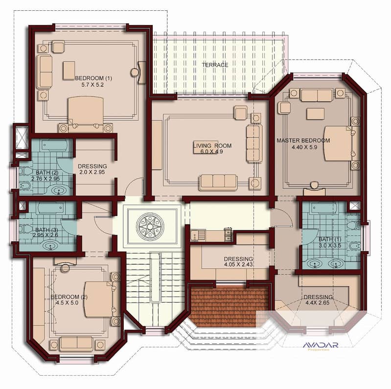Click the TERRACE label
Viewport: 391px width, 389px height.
[x=215, y=65]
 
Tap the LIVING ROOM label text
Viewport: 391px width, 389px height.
[x=212, y=146]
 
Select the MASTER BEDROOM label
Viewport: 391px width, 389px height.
[x=303, y=140]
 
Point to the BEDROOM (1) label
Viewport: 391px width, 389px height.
[x=93, y=78]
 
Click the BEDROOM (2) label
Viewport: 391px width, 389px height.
[x=69, y=297]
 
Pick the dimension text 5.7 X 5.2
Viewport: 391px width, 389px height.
[x=92, y=85]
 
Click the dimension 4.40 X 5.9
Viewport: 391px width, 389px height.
[x=304, y=147]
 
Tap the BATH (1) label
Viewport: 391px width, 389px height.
[x=330, y=239]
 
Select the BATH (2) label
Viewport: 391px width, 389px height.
[x=47, y=173]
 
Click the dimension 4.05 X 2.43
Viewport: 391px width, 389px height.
[x=238, y=264]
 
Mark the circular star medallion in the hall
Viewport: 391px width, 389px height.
[x=150, y=226]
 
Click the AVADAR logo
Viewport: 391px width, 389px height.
[x=321, y=346]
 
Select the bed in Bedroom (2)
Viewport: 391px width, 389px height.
[x=99, y=299]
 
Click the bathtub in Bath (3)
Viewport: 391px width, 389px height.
[x=50, y=208]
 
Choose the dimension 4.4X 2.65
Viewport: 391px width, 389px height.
[x=318, y=303]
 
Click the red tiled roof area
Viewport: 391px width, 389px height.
[x=228, y=306]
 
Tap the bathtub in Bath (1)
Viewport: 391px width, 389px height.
[x=323, y=208]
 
